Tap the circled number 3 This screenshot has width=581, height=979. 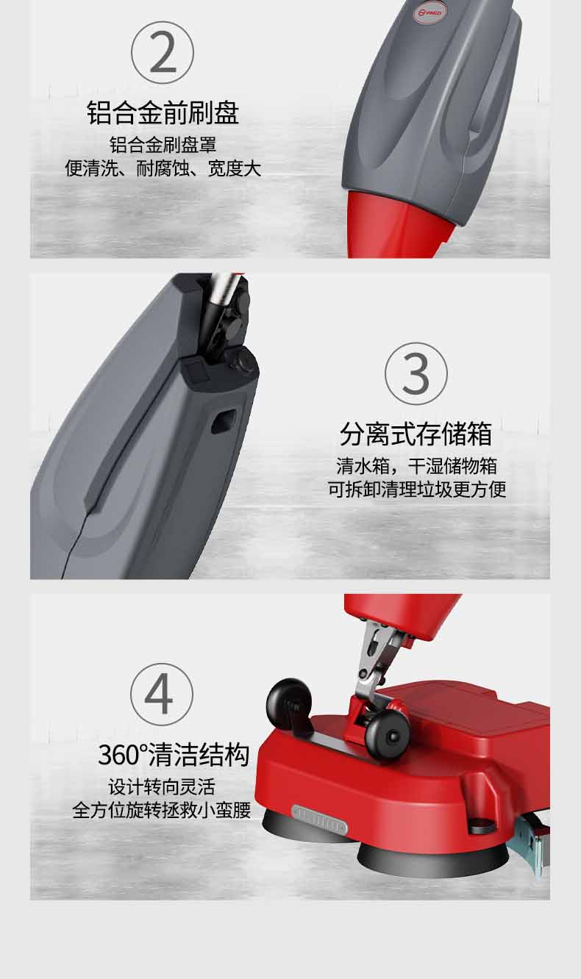click(416, 373)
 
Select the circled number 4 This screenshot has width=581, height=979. click(162, 694)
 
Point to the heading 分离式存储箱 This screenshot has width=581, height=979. click(416, 434)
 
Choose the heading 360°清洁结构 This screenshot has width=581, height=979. click(174, 755)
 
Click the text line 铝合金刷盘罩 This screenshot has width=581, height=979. click(163, 144)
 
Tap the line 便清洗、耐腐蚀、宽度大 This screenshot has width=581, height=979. click(163, 168)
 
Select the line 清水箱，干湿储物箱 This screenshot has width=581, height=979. click(416, 465)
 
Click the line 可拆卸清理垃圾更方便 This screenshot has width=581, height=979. click(416, 489)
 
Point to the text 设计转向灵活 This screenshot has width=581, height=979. click(162, 786)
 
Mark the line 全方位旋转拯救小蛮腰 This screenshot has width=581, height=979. click(162, 811)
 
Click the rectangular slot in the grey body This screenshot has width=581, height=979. click(221, 420)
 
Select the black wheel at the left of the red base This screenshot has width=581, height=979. click(288, 699)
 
